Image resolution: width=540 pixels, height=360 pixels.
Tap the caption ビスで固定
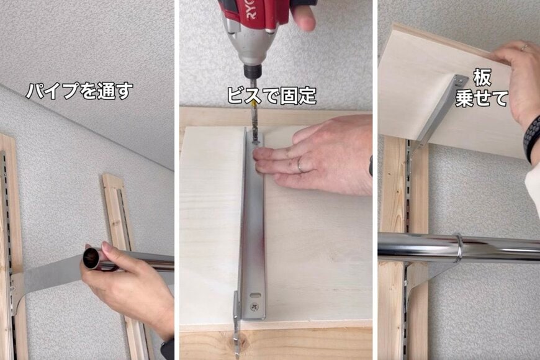271,95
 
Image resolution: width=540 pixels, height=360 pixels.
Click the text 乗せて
482,99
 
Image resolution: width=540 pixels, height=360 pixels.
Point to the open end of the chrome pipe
92,258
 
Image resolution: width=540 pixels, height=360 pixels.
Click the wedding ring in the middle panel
300,165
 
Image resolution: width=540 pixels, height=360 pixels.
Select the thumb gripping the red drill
305,17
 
